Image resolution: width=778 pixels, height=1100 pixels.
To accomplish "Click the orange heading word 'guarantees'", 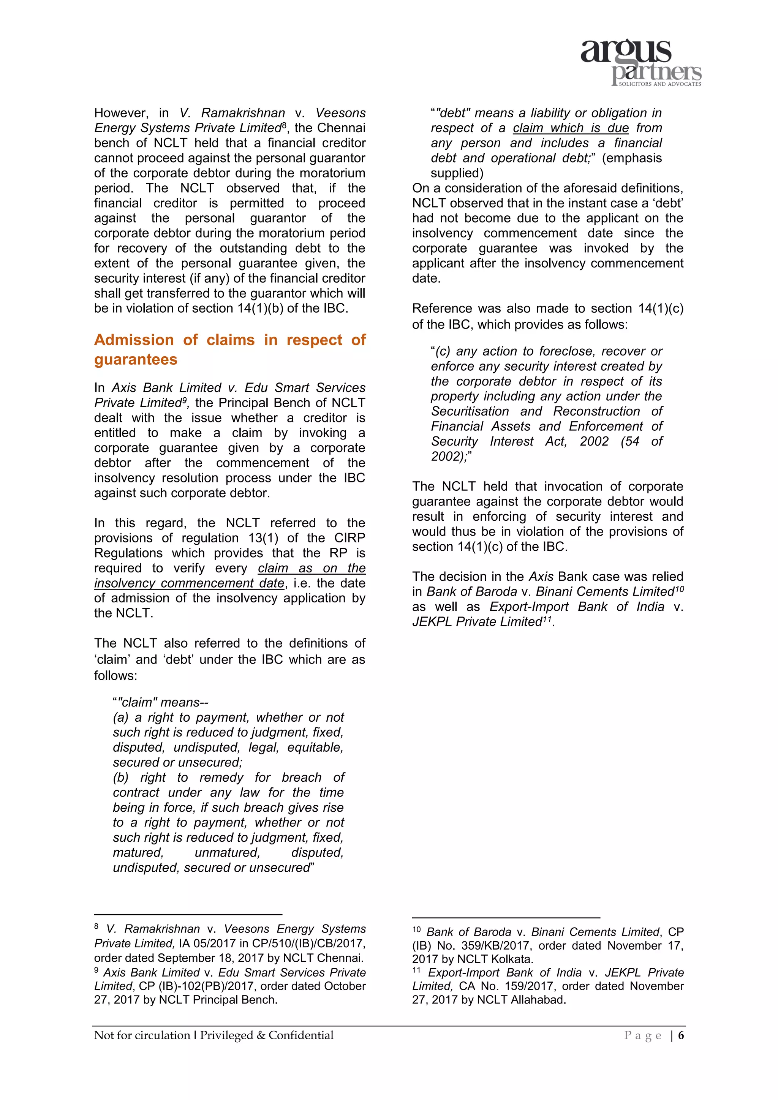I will (136, 359).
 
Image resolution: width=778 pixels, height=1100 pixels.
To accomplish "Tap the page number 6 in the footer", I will (681, 1035).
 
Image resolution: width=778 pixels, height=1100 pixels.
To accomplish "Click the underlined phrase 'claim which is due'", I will (570, 128).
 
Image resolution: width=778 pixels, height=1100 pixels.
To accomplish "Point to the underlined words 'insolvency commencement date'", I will (189, 583).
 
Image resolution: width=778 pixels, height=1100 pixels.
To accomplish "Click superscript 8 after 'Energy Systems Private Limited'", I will (284, 125).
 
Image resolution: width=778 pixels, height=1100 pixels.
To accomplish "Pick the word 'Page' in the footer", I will (642, 1035).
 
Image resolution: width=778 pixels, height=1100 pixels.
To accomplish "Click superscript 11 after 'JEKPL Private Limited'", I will (547, 619).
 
